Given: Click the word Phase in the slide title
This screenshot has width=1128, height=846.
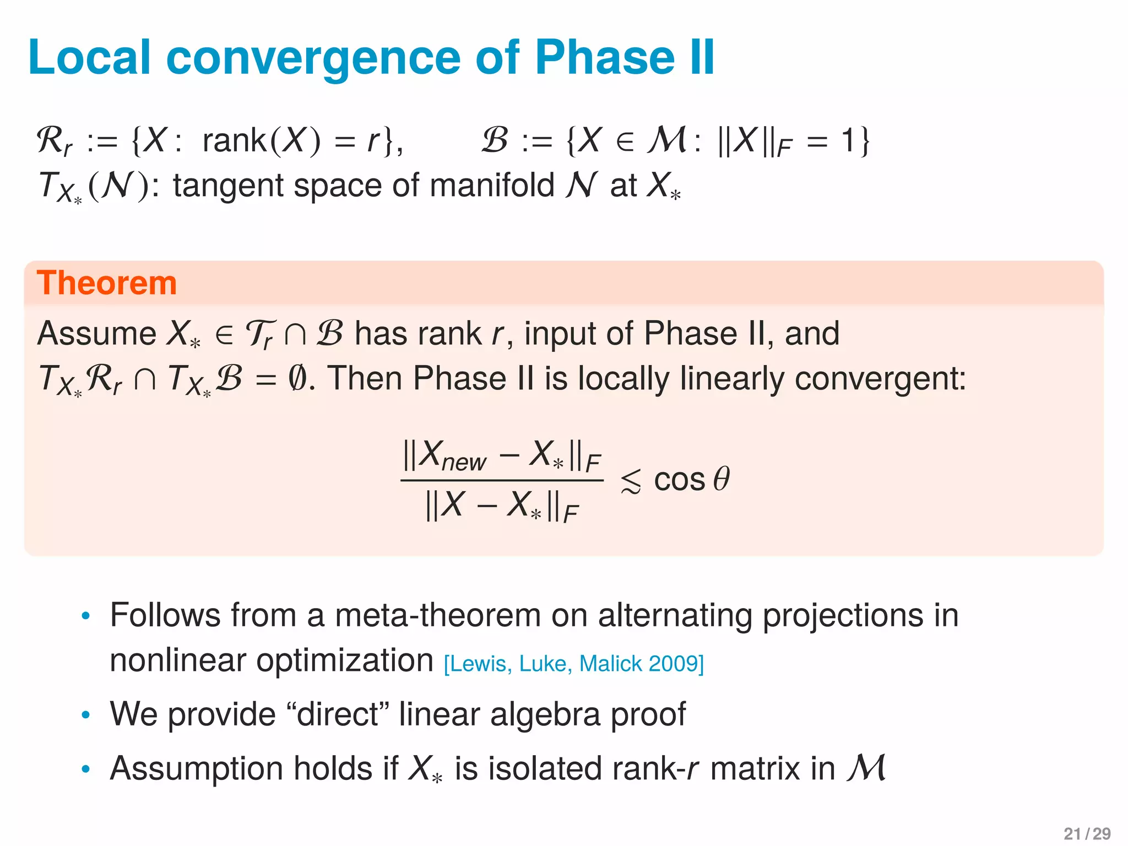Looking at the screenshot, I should point(605,57).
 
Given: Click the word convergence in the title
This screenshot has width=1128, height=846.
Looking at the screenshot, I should point(313,58).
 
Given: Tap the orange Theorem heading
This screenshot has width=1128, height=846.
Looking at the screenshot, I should point(107,283).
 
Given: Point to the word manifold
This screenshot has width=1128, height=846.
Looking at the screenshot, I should point(491,185).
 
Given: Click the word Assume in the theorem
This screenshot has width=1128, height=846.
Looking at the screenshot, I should point(97,333).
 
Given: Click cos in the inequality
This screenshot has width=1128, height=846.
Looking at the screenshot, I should point(679,479).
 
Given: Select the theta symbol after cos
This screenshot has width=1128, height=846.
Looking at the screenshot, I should point(721,478).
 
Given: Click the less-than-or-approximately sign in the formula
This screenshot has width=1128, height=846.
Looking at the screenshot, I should point(631,481).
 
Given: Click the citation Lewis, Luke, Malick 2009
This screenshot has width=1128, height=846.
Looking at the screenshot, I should point(574,664).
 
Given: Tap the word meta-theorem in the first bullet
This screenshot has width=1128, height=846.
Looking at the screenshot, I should point(437,615).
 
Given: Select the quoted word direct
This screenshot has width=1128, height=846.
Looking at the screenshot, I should point(338,714).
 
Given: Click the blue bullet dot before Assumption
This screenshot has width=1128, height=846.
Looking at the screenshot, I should point(85,769).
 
